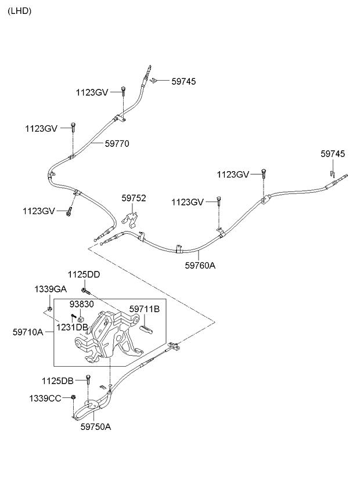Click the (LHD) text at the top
(x=19, y=11)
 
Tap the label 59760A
(x=200, y=266)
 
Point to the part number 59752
(x=134, y=198)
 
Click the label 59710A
(x=28, y=332)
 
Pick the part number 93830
(x=82, y=304)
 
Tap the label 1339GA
(x=51, y=288)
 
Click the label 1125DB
(x=57, y=381)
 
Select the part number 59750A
(x=95, y=427)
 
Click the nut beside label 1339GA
(x=51, y=307)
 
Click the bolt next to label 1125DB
(x=88, y=381)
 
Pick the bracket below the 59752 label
(x=133, y=221)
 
